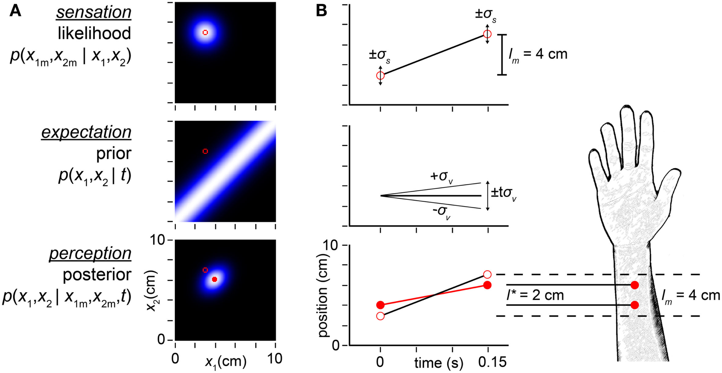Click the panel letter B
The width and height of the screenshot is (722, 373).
click(x=321, y=11)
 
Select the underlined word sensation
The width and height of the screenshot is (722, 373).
click(x=94, y=13)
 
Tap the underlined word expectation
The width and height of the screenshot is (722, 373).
click(x=86, y=132)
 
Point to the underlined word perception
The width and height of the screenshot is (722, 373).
click(x=90, y=253)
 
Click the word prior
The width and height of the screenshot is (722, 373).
click(x=113, y=153)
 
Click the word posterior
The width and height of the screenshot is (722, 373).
click(x=97, y=274)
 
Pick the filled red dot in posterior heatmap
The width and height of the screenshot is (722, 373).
click(x=214, y=279)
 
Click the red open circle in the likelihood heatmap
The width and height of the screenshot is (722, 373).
click(x=205, y=32)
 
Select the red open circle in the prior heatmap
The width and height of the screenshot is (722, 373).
click(x=205, y=151)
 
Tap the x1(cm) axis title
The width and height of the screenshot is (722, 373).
click(x=226, y=362)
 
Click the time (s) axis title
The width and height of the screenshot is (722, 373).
click(x=438, y=363)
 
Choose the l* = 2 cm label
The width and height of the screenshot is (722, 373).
click(x=535, y=295)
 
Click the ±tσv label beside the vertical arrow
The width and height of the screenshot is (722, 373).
click(x=503, y=193)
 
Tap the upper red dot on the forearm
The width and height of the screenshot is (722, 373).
click(x=634, y=285)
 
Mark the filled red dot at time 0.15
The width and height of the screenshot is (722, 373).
click(x=487, y=285)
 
